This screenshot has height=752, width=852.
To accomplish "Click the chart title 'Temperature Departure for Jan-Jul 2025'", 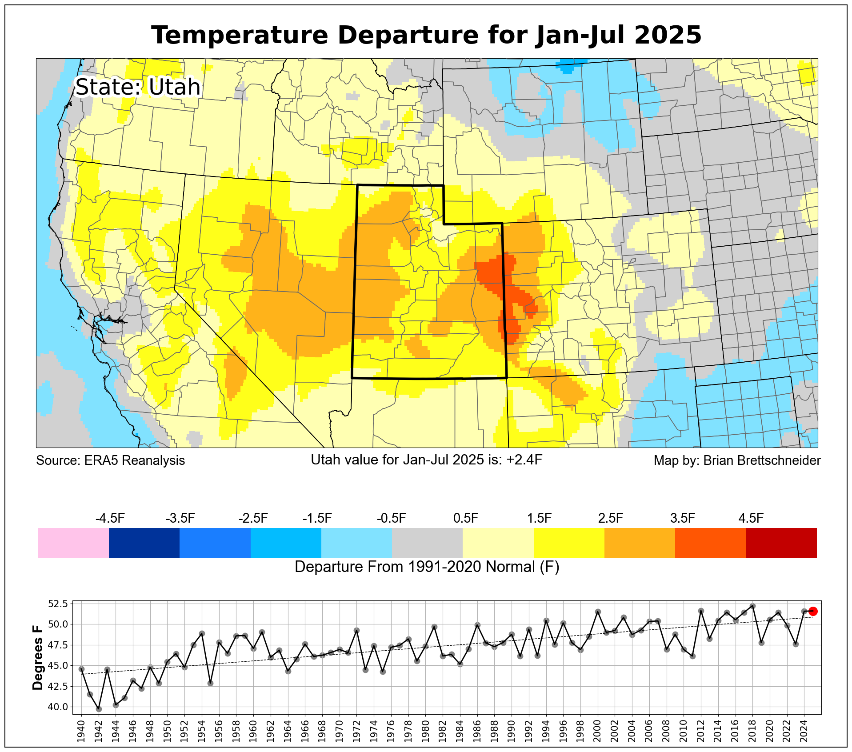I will [x=426, y=35].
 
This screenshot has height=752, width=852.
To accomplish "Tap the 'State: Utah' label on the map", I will [x=138, y=87].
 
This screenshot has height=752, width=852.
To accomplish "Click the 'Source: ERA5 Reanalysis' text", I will [x=110, y=460].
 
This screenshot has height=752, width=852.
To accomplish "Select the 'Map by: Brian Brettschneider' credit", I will [x=737, y=460].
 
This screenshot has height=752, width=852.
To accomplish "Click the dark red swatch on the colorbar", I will [x=781, y=543].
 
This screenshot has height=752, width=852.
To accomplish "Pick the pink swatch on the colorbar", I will [x=73, y=543].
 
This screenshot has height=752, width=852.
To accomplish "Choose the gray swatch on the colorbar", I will [x=427, y=543].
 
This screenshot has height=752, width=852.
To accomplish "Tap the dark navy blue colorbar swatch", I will [x=144, y=543].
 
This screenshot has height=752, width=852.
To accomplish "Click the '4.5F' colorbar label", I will [x=751, y=518].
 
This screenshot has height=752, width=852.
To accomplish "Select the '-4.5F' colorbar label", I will [x=110, y=518].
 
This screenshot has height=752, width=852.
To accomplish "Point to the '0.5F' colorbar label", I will [x=466, y=518].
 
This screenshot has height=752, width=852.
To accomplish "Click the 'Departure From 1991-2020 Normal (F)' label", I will [x=427, y=567].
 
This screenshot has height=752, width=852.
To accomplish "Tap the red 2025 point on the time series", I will [x=813, y=612].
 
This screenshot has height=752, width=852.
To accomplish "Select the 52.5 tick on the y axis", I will [x=58, y=604].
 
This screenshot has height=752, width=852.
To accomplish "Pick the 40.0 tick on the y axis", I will [x=58, y=707].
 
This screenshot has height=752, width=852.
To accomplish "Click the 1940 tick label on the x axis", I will [x=81, y=730].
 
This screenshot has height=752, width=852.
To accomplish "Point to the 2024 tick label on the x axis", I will [x=804, y=730].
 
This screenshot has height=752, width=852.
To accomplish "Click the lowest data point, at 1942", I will [x=99, y=709].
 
